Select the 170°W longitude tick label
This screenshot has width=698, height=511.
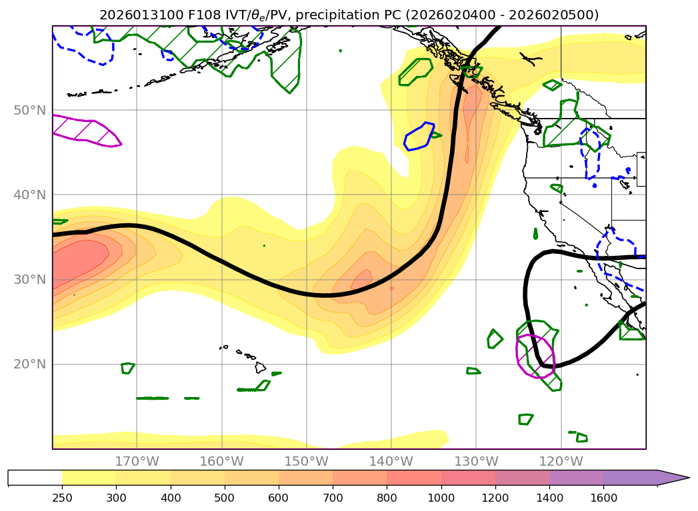pos(137,461)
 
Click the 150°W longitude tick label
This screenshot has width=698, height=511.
pos(306,461)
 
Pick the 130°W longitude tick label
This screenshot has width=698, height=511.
pos(476,461)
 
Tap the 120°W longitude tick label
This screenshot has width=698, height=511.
pos(561,461)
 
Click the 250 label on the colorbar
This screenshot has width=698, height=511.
pos(62,497)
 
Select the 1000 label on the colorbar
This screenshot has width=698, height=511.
pos(441,497)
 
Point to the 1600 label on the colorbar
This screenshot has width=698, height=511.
pos(603,497)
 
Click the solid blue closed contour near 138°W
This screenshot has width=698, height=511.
pos(419,137)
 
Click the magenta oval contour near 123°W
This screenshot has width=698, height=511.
pos(535,356)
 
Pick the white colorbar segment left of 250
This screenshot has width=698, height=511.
pos(35,478)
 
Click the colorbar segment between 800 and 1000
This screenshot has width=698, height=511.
pos(413,478)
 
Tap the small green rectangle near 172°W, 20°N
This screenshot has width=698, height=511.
pos(128,368)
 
